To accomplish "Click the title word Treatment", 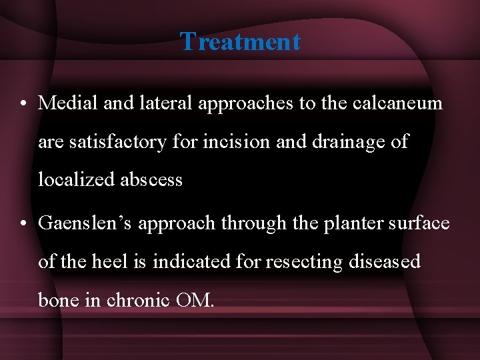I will (240, 41).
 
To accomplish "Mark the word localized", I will (74, 180).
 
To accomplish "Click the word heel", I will (107, 261).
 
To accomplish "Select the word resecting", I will (305, 262).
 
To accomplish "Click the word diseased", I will (385, 261).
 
